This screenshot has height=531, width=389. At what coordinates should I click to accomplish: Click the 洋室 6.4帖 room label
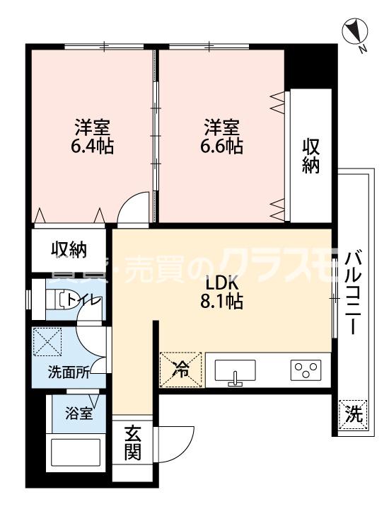(x=93, y=137)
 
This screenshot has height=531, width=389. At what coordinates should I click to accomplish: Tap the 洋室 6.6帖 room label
(x=222, y=137)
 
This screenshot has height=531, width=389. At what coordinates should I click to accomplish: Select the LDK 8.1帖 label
(x=222, y=290)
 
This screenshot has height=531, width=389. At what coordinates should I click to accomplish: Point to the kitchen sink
(x=236, y=372)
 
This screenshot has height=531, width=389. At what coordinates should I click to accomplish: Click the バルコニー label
(x=354, y=290)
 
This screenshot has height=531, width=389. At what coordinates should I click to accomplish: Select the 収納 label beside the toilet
(x=68, y=249)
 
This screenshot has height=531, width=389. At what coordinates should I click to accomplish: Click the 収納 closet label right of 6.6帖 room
(x=311, y=156)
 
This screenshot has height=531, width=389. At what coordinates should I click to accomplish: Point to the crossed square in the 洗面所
(x=47, y=341)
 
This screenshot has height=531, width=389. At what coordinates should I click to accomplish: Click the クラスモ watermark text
(x=269, y=266)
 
